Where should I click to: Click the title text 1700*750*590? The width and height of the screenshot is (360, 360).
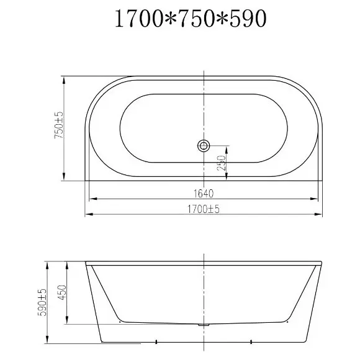[191, 19]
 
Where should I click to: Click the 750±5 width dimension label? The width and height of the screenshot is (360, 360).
[58, 125]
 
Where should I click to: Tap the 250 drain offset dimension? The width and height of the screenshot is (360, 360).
[222, 163]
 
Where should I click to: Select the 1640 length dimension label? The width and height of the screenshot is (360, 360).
[204, 194]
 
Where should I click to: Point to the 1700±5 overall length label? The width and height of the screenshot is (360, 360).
[204, 209]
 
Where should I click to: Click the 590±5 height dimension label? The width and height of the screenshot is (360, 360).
[42, 302]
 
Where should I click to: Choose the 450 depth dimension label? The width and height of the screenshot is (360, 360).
[62, 293]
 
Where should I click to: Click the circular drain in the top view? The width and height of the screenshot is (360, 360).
[204, 146]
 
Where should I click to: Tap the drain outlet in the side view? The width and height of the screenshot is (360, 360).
[204, 325]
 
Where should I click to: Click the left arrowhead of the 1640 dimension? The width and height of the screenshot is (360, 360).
[92, 199]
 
